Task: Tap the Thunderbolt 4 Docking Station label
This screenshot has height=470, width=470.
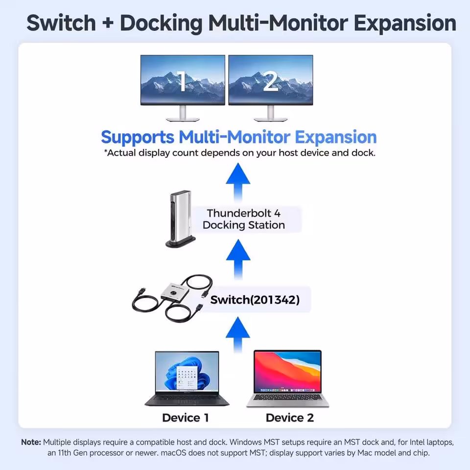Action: pyautogui.click(x=244, y=219)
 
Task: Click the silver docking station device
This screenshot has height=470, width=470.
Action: pyautogui.click(x=181, y=219)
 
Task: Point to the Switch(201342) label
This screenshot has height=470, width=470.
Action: pyautogui.click(x=255, y=300)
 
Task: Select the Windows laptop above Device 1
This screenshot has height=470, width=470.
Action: pyautogui.click(x=187, y=378)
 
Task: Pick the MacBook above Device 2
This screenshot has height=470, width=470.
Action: pyautogui.click(x=287, y=378)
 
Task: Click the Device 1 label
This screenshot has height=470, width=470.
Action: pyautogui.click(x=186, y=418)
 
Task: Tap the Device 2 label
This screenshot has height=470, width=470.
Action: pyautogui.click(x=289, y=418)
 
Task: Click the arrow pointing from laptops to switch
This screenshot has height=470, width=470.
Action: pyautogui.click(x=238, y=334)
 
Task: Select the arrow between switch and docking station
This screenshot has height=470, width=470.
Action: pyautogui.click(x=238, y=259)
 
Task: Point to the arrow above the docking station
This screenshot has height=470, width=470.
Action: pyautogui.click(x=238, y=182)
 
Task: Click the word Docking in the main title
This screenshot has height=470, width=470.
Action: pyautogui.click(x=161, y=23)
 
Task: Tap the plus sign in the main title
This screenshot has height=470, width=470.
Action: pyautogui.click(x=108, y=23)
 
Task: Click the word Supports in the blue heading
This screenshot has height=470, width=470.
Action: pyautogui.click(x=138, y=138)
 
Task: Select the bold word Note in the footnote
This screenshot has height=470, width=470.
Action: pyautogui.click(x=31, y=442)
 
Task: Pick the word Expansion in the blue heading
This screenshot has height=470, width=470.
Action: pyautogui.click(x=336, y=138)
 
